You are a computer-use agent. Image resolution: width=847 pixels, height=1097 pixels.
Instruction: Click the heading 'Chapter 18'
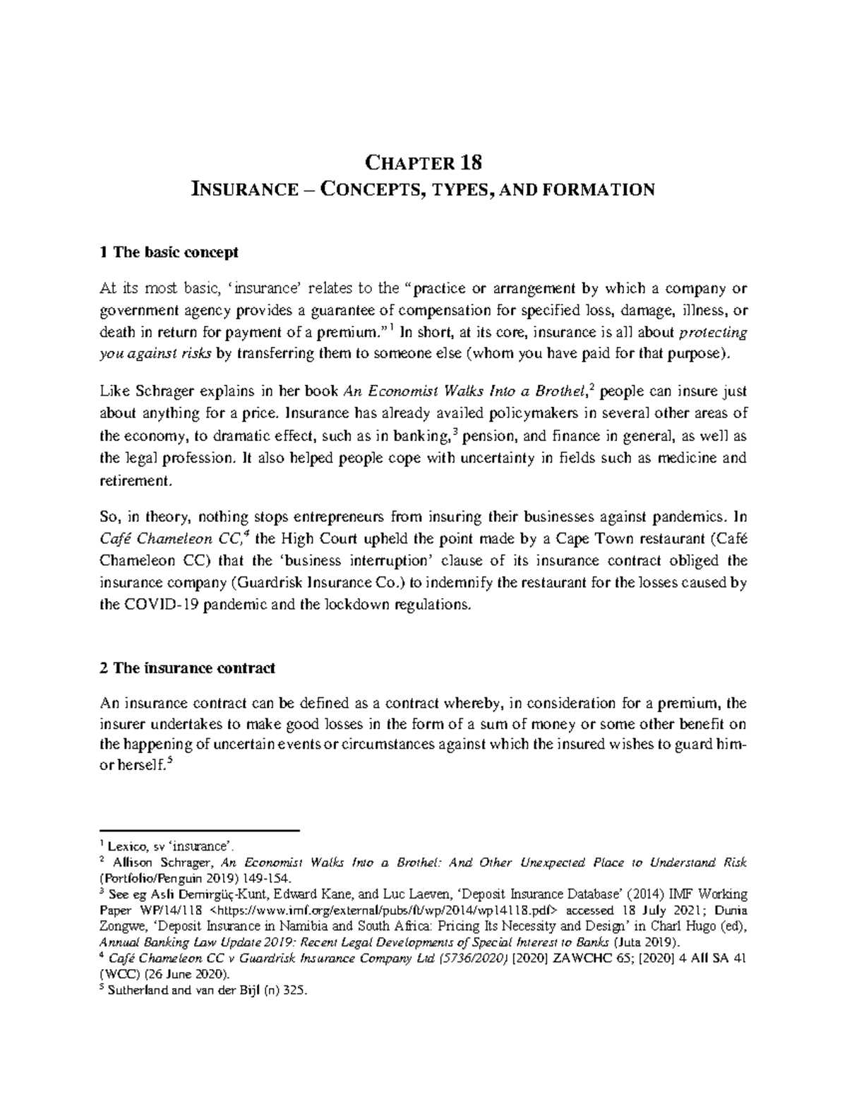click(423, 163)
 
